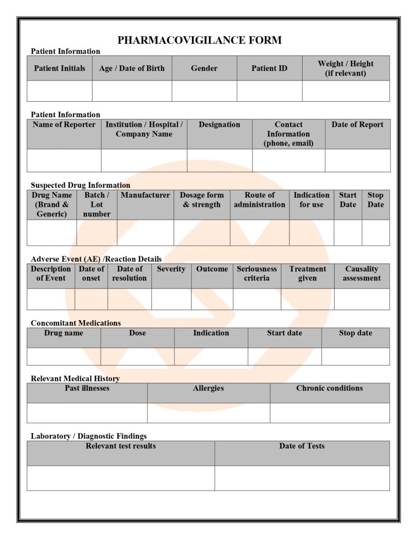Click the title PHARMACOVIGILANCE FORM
click(199, 40)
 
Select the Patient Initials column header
click(60, 68)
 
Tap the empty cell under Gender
click(204, 91)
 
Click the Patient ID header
click(269, 68)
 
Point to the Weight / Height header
click(345, 68)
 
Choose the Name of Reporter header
click(64, 125)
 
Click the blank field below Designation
click(219, 161)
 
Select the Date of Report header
click(357, 125)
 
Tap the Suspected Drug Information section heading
click(80, 185)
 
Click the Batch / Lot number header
click(96, 204)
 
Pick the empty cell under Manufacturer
click(145, 233)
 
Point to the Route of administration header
click(259, 200)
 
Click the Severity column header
click(171, 269)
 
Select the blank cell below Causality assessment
click(362, 299)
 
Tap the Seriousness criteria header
click(257, 274)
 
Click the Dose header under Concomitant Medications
click(137, 333)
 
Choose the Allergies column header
click(208, 388)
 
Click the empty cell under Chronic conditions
click(329, 413)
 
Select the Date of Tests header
click(302, 446)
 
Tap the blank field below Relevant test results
click(121, 478)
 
